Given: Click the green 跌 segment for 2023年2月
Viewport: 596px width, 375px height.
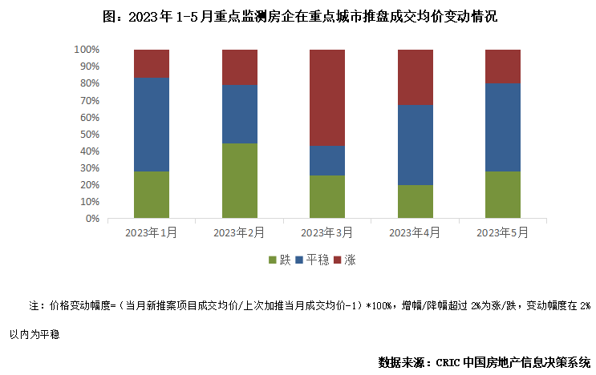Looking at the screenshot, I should [240, 181].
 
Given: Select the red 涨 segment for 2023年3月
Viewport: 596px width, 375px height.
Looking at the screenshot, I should [327, 98].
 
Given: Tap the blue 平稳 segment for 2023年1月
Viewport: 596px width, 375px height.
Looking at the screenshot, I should [152, 125].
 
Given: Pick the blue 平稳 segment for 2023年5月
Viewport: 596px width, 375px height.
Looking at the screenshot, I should [503, 127].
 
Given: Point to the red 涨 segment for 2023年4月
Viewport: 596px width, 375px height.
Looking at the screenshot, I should [416, 78].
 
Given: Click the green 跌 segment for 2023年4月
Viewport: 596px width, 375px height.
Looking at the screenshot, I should [416, 202].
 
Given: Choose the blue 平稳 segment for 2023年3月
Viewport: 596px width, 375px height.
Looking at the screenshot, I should [327, 160].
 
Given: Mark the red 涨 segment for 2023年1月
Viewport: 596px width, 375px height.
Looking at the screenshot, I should [152, 64].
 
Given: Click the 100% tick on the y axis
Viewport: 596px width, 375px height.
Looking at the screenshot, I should [87, 50].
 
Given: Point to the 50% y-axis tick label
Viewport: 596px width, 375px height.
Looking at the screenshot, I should [89, 134].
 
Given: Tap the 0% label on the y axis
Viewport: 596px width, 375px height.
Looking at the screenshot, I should [92, 219].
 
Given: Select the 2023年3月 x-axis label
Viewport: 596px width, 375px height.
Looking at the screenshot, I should [326, 232].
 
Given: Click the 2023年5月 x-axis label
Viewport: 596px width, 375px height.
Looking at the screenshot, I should [503, 232].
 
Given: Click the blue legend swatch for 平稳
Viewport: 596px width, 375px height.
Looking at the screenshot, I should [300, 260].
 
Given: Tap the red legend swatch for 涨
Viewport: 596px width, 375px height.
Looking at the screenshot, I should [337, 260].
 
